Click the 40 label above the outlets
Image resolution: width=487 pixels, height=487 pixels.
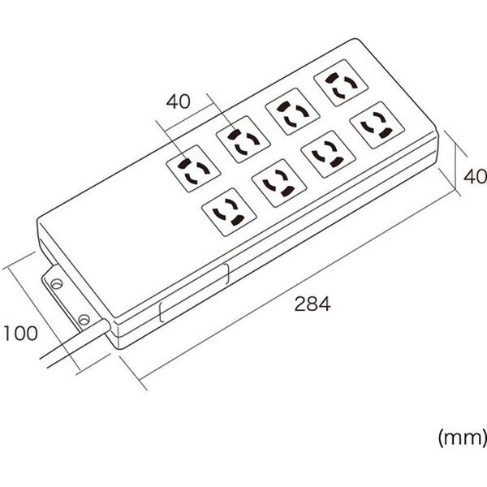(178, 101)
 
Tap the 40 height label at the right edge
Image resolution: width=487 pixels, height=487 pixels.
(475, 176)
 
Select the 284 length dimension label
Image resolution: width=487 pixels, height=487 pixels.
(312, 304)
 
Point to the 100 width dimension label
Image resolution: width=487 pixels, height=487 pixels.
(20, 333)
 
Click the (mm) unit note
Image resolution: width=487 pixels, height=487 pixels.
(462, 437)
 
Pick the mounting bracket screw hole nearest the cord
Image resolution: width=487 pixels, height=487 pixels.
(84, 319)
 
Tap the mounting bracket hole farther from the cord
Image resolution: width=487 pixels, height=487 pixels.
(56, 283)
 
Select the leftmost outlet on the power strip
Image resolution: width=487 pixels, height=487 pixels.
(193, 168)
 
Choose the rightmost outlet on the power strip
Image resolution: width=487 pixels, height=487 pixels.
(377, 125)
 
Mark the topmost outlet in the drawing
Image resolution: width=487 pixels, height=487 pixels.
(341, 83)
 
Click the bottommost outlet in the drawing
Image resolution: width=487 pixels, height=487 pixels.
(229, 212)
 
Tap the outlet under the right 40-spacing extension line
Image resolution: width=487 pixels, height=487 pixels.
(243, 140)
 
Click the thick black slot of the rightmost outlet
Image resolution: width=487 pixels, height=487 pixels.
(384, 134)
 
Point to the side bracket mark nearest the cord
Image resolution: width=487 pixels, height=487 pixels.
(161, 312)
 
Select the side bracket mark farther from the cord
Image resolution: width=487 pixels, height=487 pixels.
(227, 274)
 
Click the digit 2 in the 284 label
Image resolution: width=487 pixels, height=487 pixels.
(300, 304)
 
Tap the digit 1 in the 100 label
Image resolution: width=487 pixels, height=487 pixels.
(6, 333)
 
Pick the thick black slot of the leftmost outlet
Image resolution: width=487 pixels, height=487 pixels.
(183, 164)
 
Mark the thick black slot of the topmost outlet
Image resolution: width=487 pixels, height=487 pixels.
(331, 78)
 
